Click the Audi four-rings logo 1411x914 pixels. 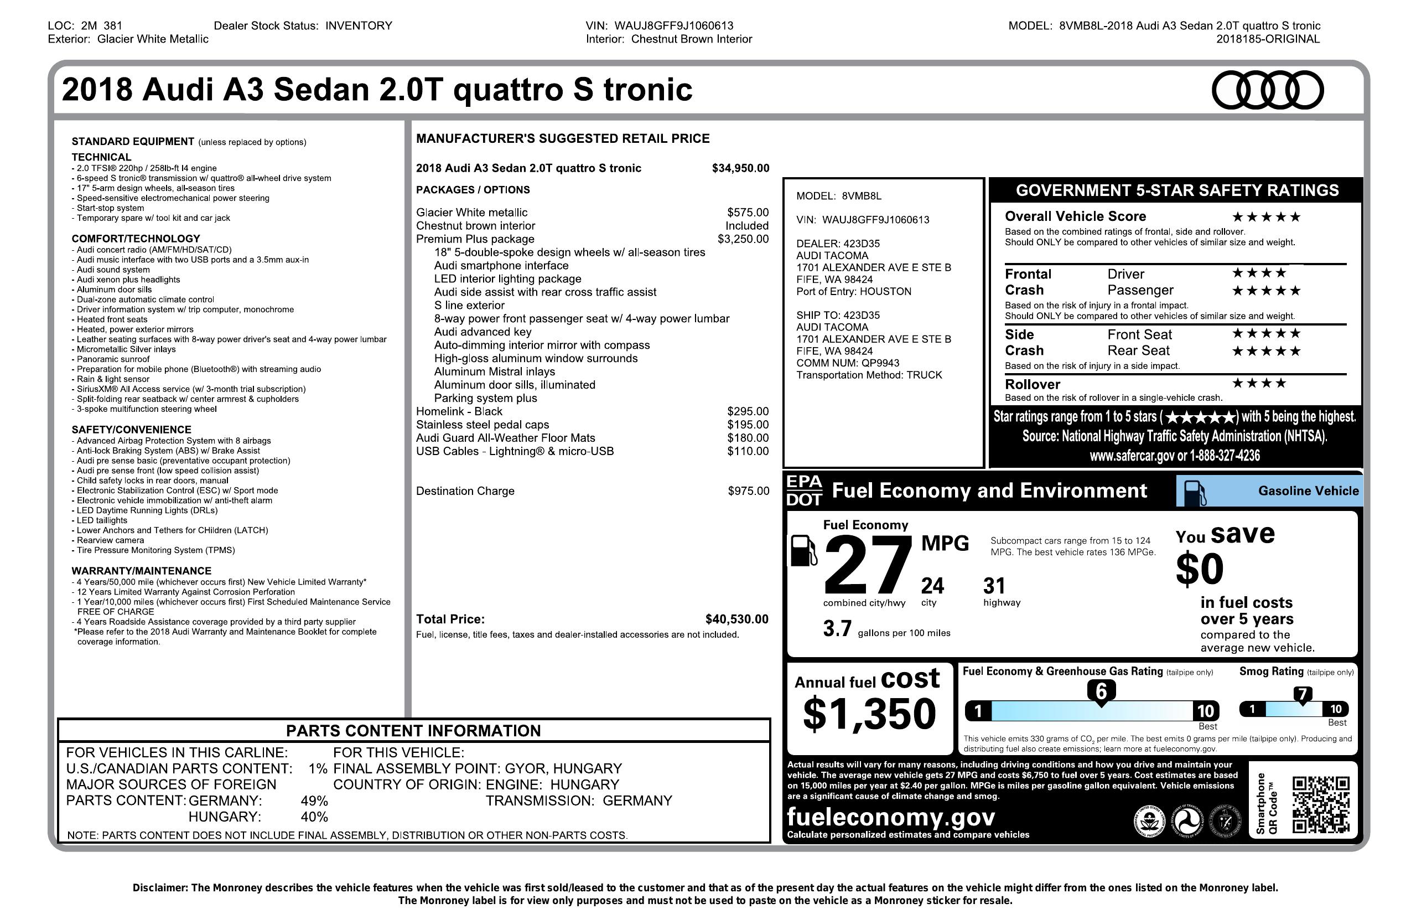[x=1267, y=90]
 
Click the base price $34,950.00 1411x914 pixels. [x=740, y=168]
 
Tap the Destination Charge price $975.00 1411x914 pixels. [x=748, y=491]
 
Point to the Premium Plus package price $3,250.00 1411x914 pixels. [x=743, y=239]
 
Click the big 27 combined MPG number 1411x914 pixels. [x=867, y=565]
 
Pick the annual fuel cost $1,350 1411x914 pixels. [x=869, y=714]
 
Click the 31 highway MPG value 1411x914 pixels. [x=994, y=586]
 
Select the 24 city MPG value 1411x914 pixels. [x=932, y=586]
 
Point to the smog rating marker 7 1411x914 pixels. [x=1302, y=695]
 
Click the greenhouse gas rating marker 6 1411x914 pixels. [x=1101, y=691]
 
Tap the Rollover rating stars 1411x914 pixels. [x=1259, y=384]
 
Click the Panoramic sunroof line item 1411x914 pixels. [x=113, y=359]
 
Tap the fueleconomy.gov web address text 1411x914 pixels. [x=890, y=817]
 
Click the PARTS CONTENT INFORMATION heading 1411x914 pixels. [x=413, y=731]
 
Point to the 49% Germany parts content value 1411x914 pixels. [x=314, y=801]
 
